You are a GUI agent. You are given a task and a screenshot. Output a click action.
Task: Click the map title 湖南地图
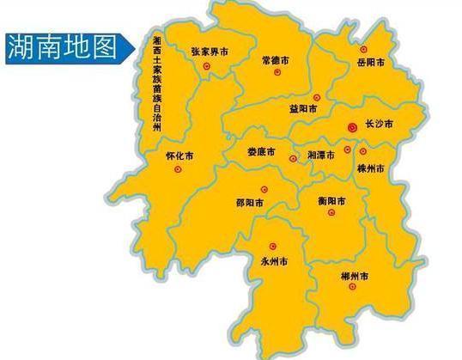61,46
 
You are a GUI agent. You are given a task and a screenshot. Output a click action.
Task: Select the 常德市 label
276,61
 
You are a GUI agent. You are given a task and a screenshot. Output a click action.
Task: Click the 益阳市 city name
304,109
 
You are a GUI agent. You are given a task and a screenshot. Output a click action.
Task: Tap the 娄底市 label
260,152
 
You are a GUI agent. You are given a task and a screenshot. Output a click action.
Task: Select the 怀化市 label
179,157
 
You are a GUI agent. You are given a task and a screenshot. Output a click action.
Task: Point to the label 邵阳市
250,203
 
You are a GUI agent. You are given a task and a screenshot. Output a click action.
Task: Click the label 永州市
273,259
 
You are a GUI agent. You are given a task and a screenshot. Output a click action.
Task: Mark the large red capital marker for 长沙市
351,127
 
